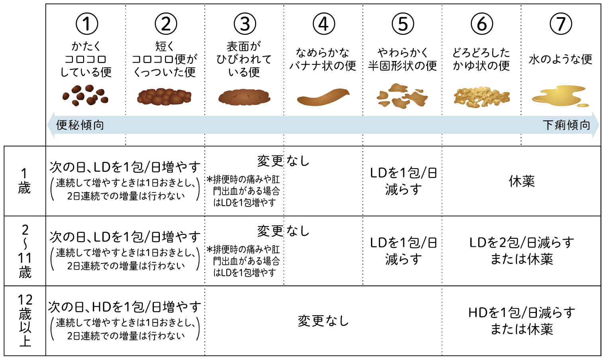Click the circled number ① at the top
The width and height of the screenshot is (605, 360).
(x=86, y=24)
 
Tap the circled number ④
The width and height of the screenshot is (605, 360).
(x=324, y=24)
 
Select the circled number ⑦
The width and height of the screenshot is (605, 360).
(x=561, y=24)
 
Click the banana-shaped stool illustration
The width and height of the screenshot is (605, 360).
(x=323, y=97)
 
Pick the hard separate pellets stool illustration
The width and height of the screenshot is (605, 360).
(x=85, y=95)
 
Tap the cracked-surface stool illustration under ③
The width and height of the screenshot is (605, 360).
(x=244, y=97)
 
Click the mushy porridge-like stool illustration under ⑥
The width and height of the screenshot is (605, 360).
(x=481, y=97)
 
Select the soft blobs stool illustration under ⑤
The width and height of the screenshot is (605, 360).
(x=402, y=96)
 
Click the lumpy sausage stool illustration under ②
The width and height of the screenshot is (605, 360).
(x=164, y=97)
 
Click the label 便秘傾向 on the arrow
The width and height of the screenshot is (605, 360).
(x=80, y=125)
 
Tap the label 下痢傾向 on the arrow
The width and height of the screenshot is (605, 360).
(x=566, y=125)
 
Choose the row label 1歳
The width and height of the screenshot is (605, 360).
(x=24, y=181)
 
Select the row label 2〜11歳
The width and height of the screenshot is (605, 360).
(x=25, y=251)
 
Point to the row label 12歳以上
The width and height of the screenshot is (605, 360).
(x=25, y=321)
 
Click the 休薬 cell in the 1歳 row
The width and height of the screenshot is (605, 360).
(x=522, y=181)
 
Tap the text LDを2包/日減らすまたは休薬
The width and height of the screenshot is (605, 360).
(x=522, y=251)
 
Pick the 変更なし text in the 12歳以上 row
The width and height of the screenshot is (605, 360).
(x=323, y=321)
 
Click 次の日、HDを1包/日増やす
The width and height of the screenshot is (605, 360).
(x=125, y=307)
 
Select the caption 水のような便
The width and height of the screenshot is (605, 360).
(x=560, y=59)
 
